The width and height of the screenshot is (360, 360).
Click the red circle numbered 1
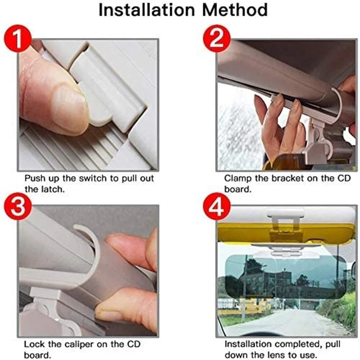[18, 38]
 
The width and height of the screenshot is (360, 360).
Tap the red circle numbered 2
[216, 38]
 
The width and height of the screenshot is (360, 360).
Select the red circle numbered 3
[18, 206]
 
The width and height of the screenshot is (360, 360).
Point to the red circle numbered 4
[216, 206]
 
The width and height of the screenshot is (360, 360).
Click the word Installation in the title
[147, 10]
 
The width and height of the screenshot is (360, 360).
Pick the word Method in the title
[235, 10]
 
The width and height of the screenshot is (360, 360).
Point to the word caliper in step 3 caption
[79, 344]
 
